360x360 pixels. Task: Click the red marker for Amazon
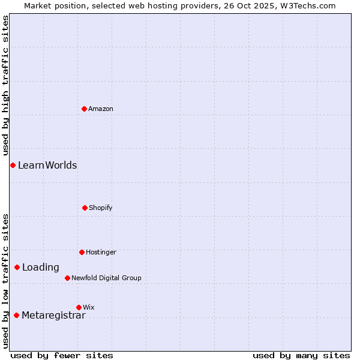(85, 109)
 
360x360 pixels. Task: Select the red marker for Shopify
(85, 208)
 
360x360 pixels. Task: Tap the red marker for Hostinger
(82, 252)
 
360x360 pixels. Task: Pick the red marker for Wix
(79, 307)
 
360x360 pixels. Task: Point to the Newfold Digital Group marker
(67, 278)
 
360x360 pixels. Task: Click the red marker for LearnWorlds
(13, 165)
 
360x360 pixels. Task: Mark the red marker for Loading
(17, 267)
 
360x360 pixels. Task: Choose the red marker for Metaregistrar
(16, 315)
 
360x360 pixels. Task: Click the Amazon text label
(101, 109)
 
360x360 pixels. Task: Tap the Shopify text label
(101, 208)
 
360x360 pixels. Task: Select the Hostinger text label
(101, 252)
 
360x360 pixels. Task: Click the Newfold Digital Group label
(106, 278)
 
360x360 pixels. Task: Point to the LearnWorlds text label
(47, 165)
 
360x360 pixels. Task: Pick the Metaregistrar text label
(53, 316)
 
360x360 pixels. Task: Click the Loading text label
(41, 268)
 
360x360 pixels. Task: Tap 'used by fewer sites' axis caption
(62, 355)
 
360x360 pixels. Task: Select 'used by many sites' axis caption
(301, 355)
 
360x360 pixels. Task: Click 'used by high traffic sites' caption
(5, 86)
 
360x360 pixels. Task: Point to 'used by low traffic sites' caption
(5, 281)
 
